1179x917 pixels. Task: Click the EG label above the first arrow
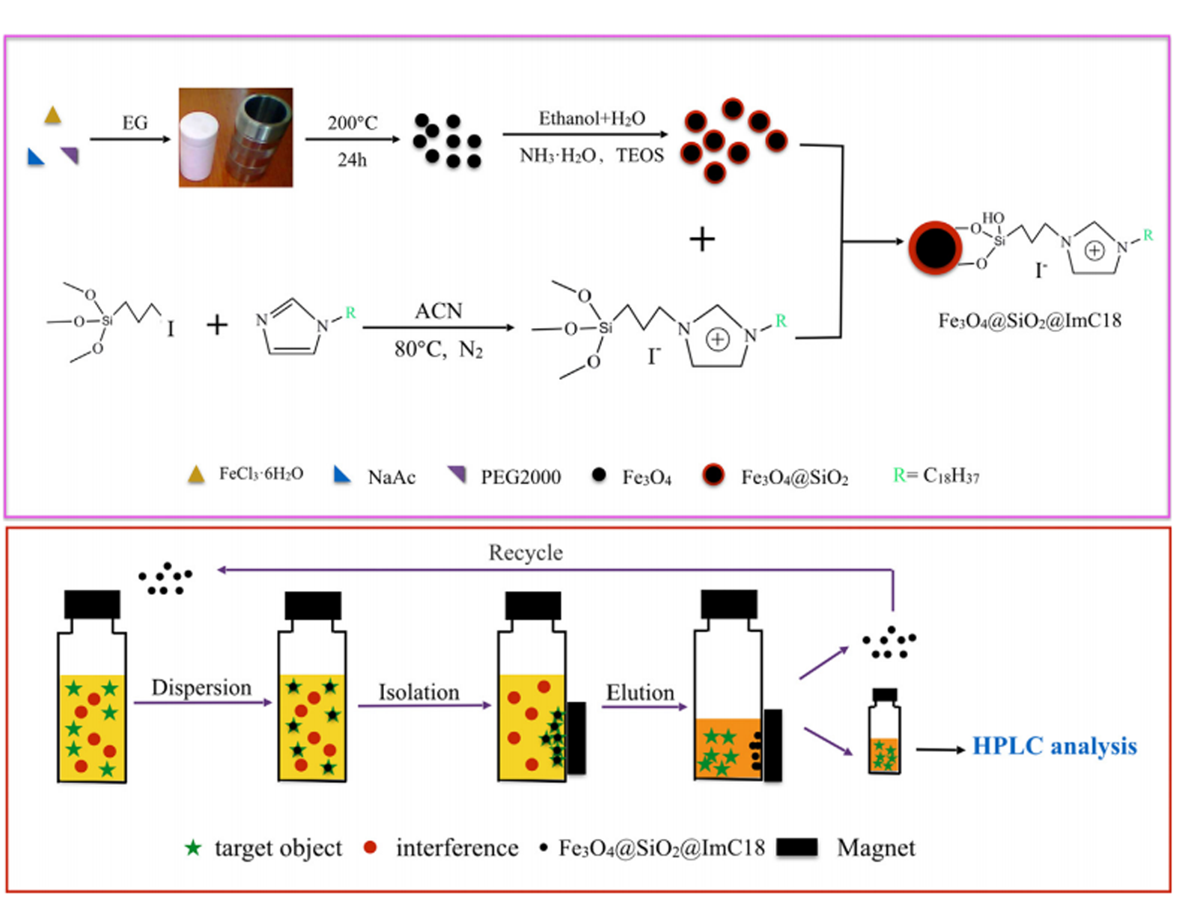click(x=135, y=123)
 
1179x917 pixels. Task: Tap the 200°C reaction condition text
click(x=353, y=123)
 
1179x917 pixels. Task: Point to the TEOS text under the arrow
click(x=640, y=156)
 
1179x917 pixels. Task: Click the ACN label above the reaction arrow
click(x=439, y=311)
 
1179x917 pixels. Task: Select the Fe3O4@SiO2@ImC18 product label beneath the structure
click(x=1030, y=321)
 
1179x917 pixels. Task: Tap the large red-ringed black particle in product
click(x=935, y=248)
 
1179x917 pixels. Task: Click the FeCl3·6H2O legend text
click(x=261, y=474)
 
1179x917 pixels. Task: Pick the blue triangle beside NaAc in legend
click(x=341, y=474)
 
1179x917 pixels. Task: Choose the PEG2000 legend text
click(x=520, y=477)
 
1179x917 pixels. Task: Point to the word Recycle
click(x=525, y=553)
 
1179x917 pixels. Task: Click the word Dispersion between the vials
click(x=201, y=688)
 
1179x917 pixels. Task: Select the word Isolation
click(x=418, y=692)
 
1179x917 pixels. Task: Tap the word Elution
click(x=640, y=692)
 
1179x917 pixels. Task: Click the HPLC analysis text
click(x=1054, y=746)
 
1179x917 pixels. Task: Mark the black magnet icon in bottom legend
click(x=797, y=847)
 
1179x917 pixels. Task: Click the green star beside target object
click(x=193, y=847)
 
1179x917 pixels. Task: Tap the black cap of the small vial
click(x=885, y=694)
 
